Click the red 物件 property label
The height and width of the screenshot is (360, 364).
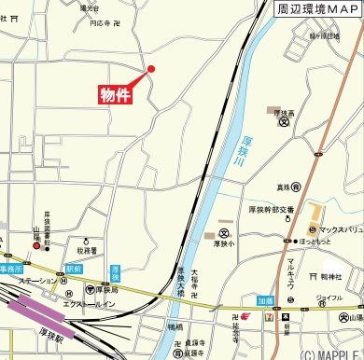(115, 94)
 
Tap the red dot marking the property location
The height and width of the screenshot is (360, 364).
(151, 68)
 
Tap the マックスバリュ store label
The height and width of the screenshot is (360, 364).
(340, 228)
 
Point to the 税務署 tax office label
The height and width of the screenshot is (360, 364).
(88, 250)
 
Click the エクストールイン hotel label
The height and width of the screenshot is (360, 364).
(88, 303)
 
